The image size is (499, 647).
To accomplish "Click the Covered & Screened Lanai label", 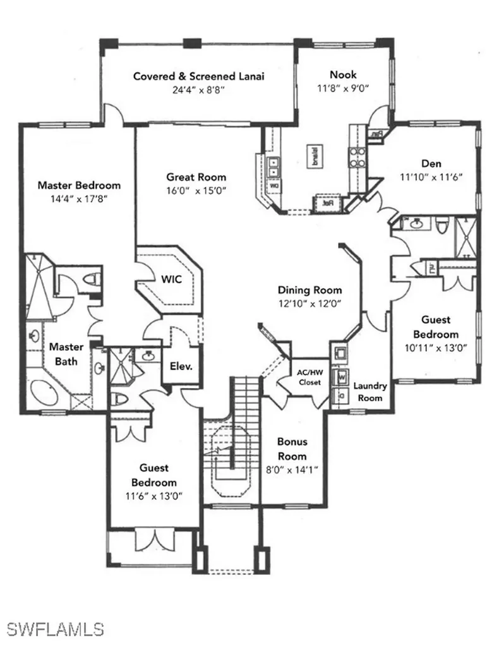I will (x=198, y=76).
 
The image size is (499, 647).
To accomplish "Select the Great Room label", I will (x=196, y=177).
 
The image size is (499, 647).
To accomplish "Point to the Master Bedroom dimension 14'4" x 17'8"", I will (x=78, y=198).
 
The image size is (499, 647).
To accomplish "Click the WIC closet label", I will (x=172, y=279).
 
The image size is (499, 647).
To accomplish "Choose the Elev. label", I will (x=181, y=365).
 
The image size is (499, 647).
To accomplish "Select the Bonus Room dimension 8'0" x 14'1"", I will (x=292, y=469).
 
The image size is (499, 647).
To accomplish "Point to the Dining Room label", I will (x=310, y=290).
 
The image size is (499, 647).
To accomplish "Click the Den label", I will (x=431, y=162).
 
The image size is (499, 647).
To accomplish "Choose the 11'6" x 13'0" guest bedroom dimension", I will (x=153, y=496).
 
